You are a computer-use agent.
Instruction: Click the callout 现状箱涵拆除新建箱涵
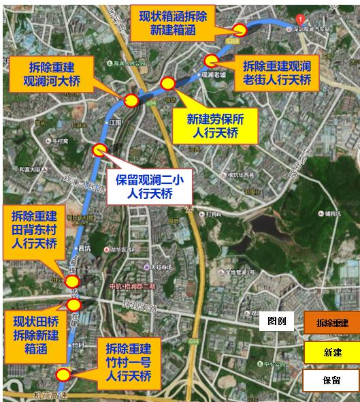(x=171, y=24)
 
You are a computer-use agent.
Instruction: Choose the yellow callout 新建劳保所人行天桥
(x=214, y=125)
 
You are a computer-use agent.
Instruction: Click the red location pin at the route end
(x=300, y=18)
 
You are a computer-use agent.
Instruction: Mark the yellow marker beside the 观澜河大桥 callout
(x=131, y=101)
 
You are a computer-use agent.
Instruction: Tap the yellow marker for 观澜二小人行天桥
(x=100, y=150)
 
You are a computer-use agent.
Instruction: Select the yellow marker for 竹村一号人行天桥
(x=63, y=373)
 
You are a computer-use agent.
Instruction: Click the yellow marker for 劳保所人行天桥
(x=167, y=83)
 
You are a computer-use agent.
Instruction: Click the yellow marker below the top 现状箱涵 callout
(x=240, y=29)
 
